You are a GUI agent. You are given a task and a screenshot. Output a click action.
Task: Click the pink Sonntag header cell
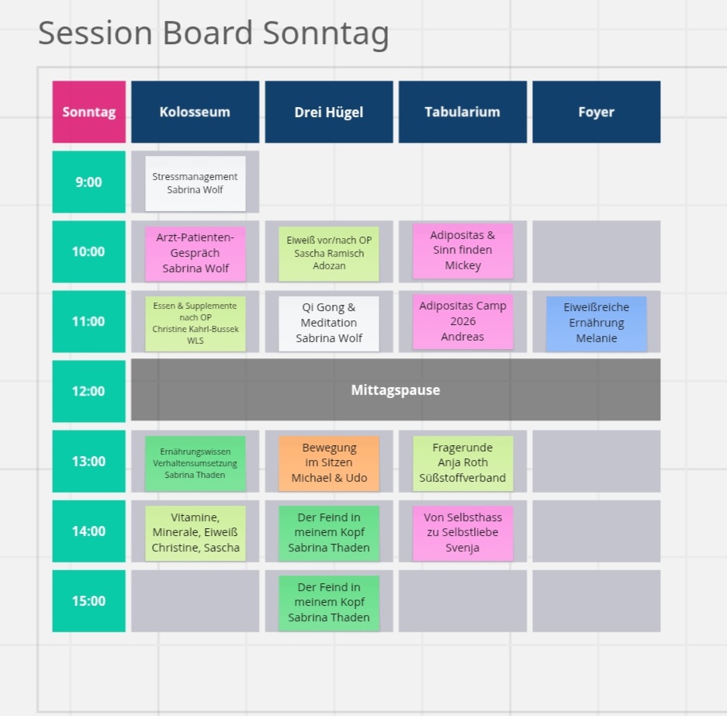[x=88, y=112]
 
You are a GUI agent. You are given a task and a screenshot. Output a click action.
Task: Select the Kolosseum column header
[x=196, y=112]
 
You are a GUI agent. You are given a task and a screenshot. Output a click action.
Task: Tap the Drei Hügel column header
[x=329, y=112]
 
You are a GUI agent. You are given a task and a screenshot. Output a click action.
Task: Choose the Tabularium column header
[x=462, y=112]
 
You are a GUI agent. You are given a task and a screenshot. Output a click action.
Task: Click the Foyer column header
[x=596, y=112]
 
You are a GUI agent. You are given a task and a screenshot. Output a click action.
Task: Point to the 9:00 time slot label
[x=88, y=182]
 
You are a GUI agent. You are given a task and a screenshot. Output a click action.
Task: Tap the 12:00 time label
[x=88, y=391]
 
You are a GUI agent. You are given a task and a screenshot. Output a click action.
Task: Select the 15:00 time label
[x=88, y=600]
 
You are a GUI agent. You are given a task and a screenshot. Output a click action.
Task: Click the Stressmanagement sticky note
[x=196, y=184]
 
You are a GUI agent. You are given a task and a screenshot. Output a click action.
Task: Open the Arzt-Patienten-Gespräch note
[x=196, y=254]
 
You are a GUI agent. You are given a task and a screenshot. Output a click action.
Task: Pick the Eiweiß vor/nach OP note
[x=329, y=254]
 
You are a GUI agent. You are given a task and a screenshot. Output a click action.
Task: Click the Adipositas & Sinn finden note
[x=462, y=251]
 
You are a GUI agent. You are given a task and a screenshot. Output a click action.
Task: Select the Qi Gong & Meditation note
[x=329, y=323]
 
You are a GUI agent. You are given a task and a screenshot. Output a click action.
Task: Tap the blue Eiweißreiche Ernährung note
[x=596, y=323]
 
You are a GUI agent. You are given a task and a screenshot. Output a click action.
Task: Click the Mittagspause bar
[x=396, y=389]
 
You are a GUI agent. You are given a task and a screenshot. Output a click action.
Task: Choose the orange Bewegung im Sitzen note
[x=329, y=463]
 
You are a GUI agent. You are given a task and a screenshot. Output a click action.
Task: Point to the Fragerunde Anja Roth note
[x=462, y=463]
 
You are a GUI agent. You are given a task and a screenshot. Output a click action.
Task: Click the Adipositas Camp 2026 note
[x=462, y=321]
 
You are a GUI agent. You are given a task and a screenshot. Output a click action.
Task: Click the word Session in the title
[x=95, y=33]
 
